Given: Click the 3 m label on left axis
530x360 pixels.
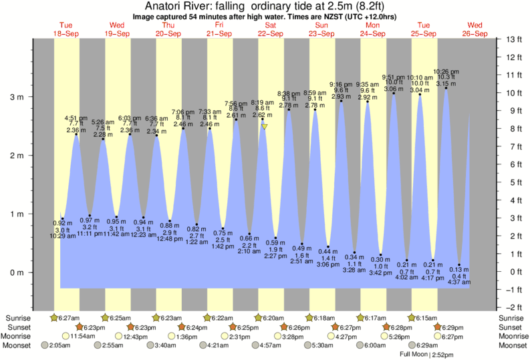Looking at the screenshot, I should [x=15, y=97].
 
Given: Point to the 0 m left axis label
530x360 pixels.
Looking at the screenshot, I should [x=15, y=273].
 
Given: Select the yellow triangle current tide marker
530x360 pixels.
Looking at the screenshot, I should [x=265, y=126].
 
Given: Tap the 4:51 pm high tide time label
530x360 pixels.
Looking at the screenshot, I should [x=76, y=118].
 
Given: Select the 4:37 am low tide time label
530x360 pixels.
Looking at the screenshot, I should [x=458, y=282].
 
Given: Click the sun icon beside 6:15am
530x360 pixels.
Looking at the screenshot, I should [x=412, y=317].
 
